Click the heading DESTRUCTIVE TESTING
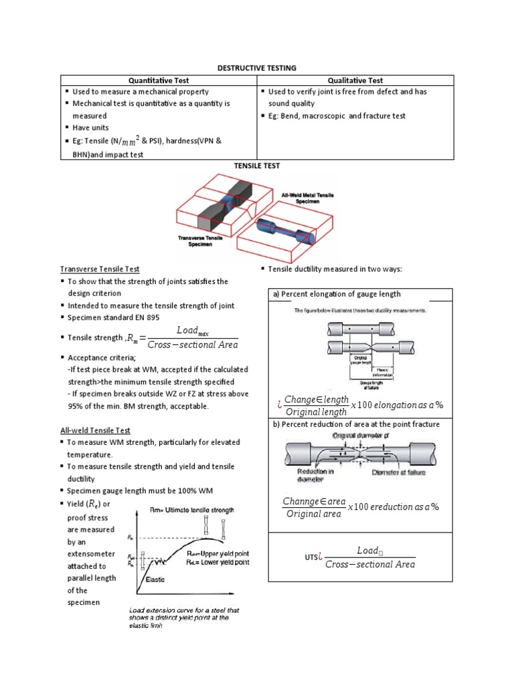point(257,68)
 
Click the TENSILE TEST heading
point(257,165)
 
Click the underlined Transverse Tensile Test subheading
point(100,269)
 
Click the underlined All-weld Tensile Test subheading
point(95,430)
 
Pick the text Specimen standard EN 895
point(113,318)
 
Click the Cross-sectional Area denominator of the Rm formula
point(192,345)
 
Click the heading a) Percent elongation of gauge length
point(337,293)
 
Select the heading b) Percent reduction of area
point(355,424)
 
